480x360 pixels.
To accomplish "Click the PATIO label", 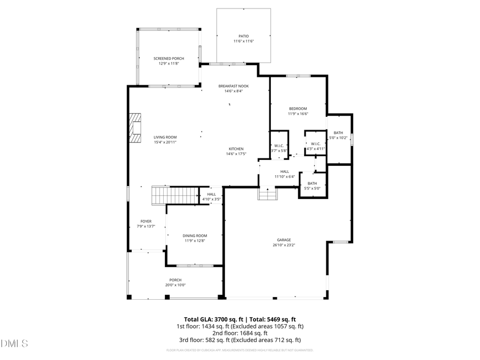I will [243, 36].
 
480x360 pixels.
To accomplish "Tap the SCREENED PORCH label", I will [169, 58].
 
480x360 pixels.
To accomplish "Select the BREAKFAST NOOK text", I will [233, 86].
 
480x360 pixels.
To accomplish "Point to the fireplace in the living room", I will [137, 129].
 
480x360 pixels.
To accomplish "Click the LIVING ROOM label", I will [165, 137].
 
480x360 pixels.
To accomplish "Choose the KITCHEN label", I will [236, 149].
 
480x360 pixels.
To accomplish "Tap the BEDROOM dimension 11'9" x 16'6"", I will [298, 114].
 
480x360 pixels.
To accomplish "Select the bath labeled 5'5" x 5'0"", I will [312, 186].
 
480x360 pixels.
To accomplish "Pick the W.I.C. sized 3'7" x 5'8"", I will [279, 148].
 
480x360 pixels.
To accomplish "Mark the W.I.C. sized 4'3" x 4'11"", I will [315, 146].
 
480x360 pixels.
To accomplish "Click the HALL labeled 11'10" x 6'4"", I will [285, 174].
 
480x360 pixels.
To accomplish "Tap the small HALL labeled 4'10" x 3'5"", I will [211, 197].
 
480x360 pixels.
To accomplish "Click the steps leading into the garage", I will [267, 194].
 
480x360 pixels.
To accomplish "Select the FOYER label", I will [146, 223].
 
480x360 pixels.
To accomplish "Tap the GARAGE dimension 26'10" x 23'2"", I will [284, 245].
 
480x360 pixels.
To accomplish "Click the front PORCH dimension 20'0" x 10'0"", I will [175, 285].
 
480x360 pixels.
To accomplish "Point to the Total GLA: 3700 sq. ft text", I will [211, 318].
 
